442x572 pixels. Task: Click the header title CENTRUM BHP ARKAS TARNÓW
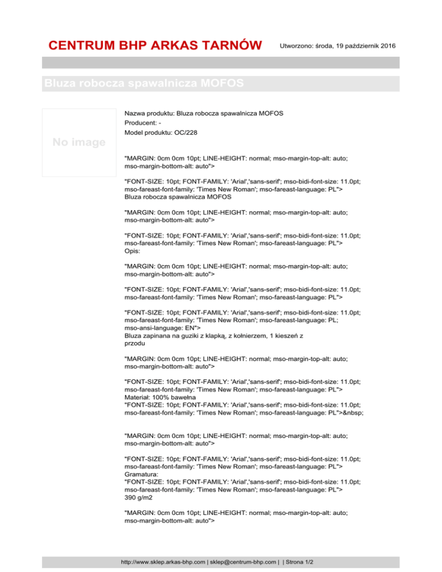[156, 45]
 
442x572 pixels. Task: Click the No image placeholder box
[79, 142]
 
